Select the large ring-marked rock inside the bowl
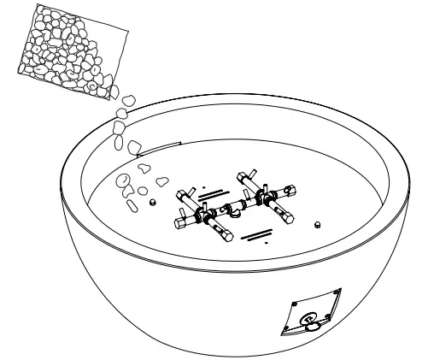(125, 180)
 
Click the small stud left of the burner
(151, 202)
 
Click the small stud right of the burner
(318, 224)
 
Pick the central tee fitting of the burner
(232, 208)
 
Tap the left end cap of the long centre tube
(182, 225)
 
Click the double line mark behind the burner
(213, 194)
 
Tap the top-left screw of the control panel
(295, 304)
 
